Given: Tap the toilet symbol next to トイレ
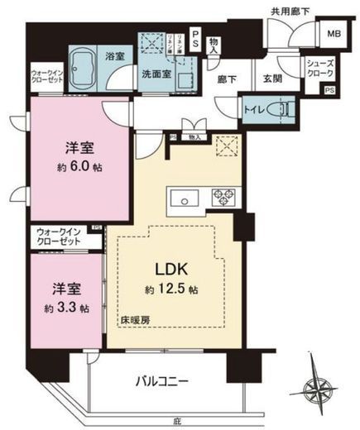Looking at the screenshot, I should [281, 108].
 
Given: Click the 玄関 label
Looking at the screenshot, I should [273, 79].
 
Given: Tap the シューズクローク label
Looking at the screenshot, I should [319, 68].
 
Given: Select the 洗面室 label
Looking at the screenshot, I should [156, 73].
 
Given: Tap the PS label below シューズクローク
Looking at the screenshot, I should [329, 89].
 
